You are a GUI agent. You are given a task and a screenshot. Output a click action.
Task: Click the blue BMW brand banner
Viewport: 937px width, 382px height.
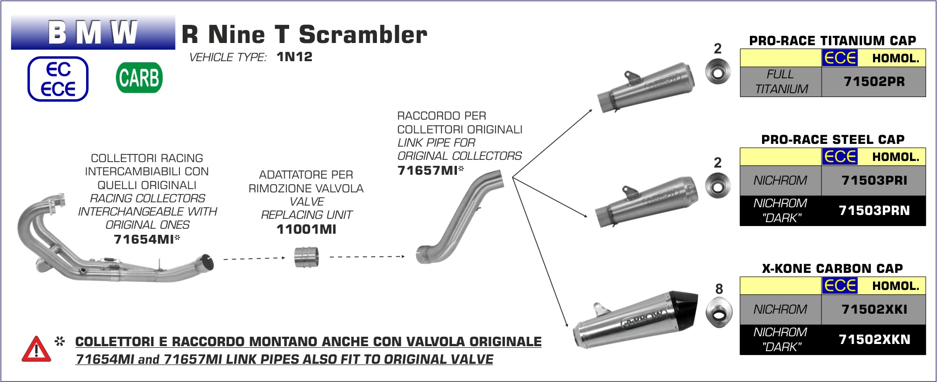(x=93, y=32)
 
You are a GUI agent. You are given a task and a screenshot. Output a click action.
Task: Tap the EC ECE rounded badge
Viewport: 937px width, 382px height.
(x=58, y=79)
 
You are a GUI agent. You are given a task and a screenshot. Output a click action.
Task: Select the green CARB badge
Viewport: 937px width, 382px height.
(x=139, y=78)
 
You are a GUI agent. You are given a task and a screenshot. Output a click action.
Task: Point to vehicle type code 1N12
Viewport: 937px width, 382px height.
(x=295, y=57)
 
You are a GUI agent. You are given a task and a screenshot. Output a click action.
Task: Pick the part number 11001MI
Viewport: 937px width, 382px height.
(x=306, y=229)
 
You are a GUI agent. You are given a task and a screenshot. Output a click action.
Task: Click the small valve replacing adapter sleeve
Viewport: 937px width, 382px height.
(x=306, y=257)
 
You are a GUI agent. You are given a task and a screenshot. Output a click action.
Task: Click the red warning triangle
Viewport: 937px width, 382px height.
(x=36, y=349)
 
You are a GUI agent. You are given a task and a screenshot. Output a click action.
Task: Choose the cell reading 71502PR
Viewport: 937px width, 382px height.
(x=874, y=82)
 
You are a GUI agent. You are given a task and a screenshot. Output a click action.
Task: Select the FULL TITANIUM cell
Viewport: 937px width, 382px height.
(x=781, y=82)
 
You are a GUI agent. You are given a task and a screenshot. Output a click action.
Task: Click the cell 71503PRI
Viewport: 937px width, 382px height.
(x=874, y=181)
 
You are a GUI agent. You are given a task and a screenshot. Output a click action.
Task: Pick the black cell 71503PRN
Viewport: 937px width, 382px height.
(x=874, y=211)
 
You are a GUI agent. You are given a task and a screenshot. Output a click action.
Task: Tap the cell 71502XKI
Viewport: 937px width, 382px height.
(x=874, y=309)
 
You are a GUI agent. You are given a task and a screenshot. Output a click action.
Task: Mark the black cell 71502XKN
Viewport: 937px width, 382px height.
(x=874, y=340)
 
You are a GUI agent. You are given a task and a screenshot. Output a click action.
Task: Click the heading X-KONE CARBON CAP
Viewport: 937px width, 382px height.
(x=832, y=268)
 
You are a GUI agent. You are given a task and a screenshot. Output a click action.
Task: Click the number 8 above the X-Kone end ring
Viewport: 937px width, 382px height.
(x=719, y=289)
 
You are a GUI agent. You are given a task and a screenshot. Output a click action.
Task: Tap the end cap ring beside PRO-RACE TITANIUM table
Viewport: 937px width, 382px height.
(x=718, y=72)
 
